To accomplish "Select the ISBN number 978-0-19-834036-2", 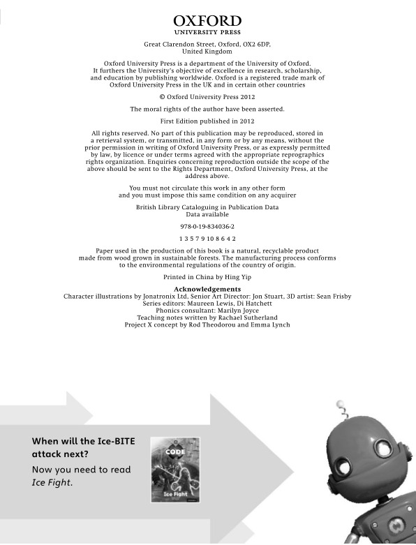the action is [207, 227].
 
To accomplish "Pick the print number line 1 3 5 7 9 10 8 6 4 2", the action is [207, 239].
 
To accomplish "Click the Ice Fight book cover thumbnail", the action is [175, 469].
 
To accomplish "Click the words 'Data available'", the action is [207, 215].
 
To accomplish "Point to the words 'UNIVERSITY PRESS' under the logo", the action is [207, 32].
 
